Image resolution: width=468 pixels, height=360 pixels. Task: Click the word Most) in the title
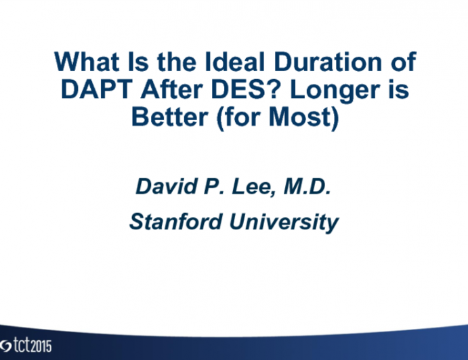(303, 118)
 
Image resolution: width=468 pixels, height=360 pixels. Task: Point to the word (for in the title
(232, 118)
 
